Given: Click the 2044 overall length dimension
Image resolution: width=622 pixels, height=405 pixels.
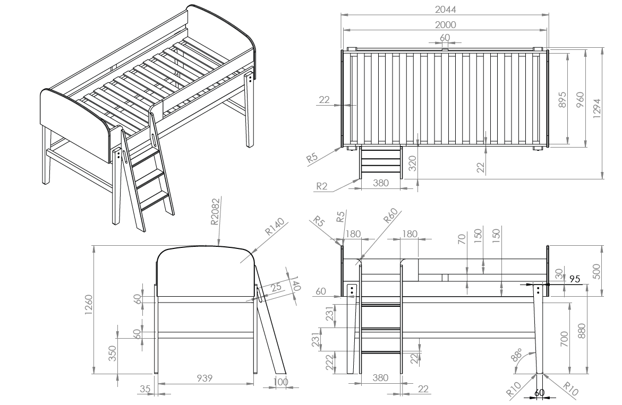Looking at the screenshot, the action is [446, 9].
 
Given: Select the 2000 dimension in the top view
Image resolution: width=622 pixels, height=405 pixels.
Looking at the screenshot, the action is [446, 24].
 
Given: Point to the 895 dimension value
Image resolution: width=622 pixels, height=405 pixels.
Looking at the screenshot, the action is [561, 100].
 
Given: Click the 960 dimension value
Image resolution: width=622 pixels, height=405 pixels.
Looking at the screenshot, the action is [580, 100].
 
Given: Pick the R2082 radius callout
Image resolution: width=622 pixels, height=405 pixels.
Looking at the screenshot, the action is [215, 211].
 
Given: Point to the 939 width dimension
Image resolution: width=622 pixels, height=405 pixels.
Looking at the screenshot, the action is [205, 378].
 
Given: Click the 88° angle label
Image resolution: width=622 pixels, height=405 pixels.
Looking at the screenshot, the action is [516, 356].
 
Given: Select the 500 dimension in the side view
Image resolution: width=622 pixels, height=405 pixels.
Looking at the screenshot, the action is [596, 271].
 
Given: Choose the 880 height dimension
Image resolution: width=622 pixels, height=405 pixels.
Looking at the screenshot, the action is [581, 331].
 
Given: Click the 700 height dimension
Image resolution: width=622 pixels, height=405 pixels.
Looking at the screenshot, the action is [564, 339].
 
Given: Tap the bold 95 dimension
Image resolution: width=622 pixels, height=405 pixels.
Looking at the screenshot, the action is [575, 279].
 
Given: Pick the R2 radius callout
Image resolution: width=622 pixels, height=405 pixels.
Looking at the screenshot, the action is [322, 186].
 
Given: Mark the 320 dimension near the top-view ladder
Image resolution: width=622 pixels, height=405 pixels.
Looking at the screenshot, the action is [412, 163].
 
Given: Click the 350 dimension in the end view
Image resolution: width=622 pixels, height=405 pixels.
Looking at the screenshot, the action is [112, 354].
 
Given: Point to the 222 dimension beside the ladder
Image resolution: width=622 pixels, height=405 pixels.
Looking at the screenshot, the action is [329, 363].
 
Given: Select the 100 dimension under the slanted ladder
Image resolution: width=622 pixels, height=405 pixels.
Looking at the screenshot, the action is [281, 382].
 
